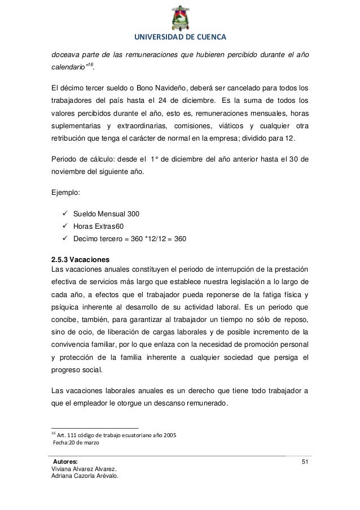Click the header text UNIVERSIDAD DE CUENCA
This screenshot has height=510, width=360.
click(179, 38)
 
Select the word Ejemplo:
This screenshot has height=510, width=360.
click(65, 192)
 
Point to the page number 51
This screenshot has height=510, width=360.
click(305, 463)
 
